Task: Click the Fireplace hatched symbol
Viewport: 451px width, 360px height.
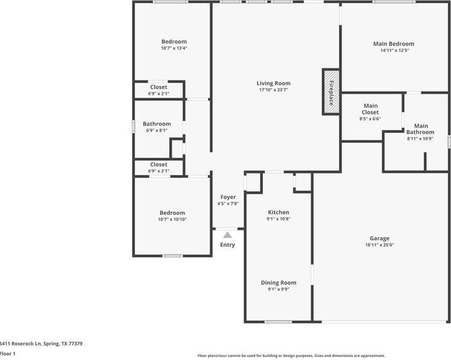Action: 330,91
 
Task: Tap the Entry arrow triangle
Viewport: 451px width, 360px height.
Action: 227,235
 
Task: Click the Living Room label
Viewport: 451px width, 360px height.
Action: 273,83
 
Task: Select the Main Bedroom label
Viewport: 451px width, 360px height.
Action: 393,44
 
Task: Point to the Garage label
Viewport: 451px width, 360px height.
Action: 380,238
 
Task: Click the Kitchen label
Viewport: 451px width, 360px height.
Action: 279,212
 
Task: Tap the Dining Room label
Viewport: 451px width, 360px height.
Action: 279,283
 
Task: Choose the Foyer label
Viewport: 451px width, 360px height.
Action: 228,197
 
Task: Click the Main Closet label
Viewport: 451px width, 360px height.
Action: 370,108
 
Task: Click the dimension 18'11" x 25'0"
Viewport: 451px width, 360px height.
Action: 380,245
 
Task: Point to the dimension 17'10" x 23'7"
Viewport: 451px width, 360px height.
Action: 273,90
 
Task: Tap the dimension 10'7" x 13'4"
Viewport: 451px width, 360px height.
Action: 174,48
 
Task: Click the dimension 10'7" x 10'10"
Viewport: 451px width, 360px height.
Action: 172,219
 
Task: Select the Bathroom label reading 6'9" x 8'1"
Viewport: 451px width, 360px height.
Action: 157,124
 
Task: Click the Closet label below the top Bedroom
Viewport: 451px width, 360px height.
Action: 158,87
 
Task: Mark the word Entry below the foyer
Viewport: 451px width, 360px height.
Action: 227,245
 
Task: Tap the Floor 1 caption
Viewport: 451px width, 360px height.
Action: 8,353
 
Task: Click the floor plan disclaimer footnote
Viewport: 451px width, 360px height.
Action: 291,356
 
